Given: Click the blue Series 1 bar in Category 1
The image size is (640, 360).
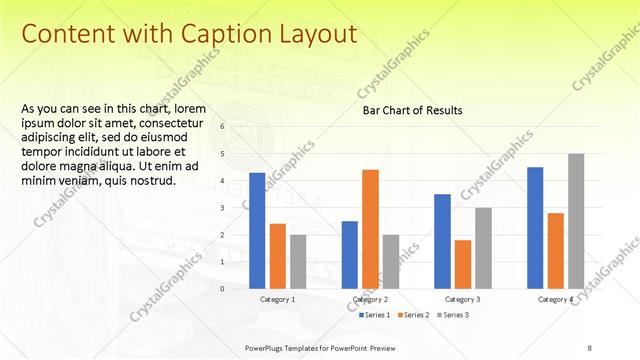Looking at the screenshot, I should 257,231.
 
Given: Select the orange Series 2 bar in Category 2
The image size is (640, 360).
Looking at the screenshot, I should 370,229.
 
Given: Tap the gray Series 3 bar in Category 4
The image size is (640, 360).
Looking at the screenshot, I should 576,221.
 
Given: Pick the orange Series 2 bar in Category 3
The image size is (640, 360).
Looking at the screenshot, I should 462,264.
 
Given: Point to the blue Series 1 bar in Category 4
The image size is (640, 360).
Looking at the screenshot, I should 535,228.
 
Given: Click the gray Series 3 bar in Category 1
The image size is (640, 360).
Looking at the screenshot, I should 298,262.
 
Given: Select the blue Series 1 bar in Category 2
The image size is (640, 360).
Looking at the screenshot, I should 350,255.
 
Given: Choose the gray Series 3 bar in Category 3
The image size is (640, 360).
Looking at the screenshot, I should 483,248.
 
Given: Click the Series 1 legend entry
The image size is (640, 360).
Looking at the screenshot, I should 373,315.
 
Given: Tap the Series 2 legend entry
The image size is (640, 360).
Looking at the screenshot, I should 414,315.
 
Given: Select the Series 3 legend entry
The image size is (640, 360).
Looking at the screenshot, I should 454,315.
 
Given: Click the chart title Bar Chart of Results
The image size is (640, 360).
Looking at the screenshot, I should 412,110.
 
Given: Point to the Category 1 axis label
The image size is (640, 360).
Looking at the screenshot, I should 277,300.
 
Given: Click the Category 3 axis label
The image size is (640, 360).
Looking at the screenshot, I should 462,300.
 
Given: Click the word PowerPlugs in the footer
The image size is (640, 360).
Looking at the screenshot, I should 267,347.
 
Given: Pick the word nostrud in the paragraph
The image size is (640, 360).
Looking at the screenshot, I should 152,181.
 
